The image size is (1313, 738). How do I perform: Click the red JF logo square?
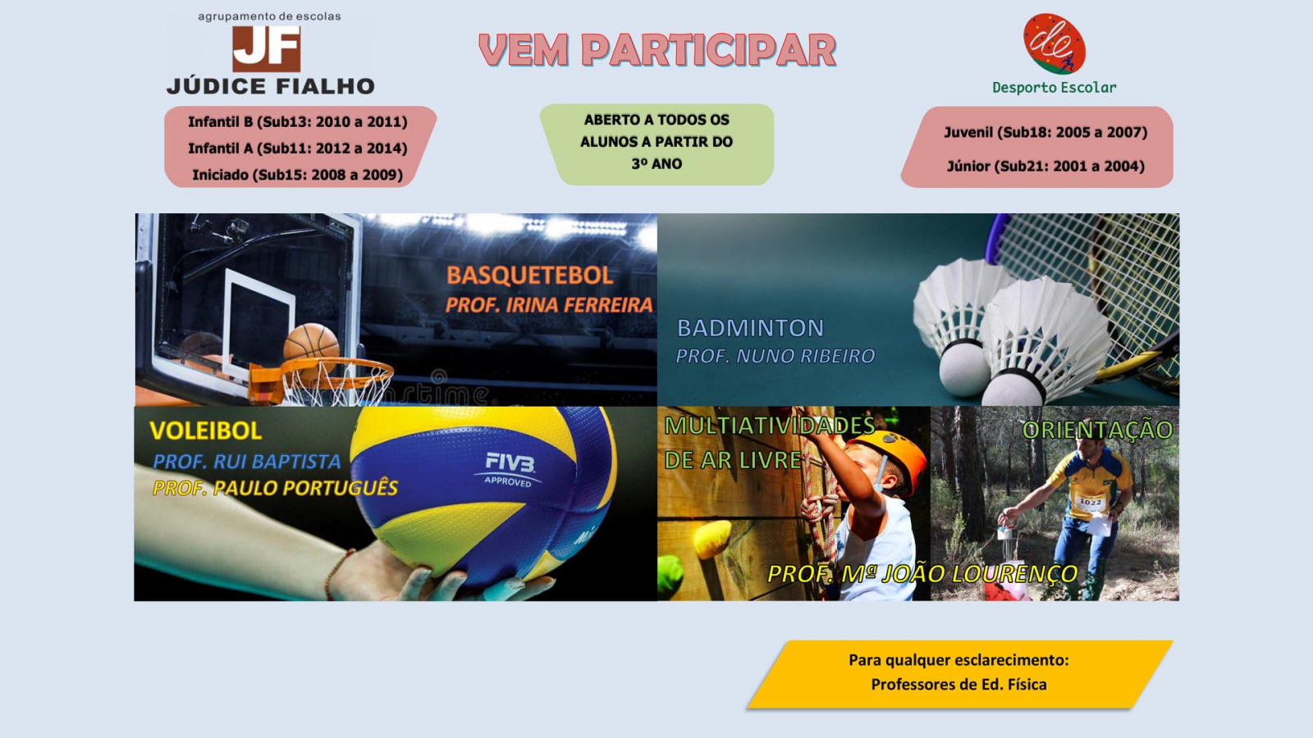point(266,48)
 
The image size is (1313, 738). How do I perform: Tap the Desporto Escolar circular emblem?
point(1054,44)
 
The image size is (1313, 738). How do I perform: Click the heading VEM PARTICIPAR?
point(657,51)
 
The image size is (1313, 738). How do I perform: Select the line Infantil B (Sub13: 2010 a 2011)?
point(297,121)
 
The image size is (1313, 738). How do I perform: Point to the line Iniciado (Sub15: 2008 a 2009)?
point(297,175)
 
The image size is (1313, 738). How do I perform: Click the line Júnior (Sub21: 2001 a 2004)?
point(1045,166)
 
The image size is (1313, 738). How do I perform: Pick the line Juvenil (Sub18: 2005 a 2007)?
point(1045,132)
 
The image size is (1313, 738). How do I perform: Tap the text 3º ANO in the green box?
point(656,164)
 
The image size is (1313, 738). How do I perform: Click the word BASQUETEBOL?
point(529,276)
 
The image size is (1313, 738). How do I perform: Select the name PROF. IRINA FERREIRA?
point(549,305)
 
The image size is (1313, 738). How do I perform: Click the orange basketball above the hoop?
point(311,342)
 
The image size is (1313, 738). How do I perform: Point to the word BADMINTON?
point(750,328)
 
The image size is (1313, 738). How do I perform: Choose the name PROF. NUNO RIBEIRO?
point(775,356)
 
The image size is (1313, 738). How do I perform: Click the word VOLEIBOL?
point(205,430)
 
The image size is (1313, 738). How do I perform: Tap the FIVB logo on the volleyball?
point(510,464)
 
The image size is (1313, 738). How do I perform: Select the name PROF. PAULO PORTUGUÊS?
point(275,488)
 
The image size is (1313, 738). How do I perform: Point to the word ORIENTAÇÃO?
point(1097,430)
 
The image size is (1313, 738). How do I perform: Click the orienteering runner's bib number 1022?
point(1091,502)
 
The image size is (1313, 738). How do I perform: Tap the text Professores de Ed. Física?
point(958,685)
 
